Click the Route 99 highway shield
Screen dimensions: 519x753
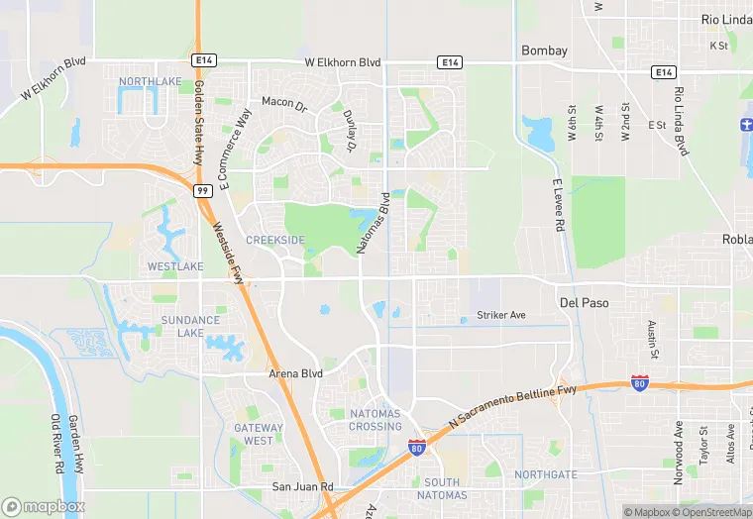(202, 190)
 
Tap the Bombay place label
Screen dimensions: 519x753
(545, 51)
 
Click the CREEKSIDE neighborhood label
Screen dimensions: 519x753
(274, 241)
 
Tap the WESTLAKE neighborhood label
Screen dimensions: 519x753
(175, 267)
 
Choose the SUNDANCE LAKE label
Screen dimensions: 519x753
(190, 327)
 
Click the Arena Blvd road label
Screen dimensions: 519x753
(296, 374)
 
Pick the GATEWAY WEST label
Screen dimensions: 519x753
(259, 434)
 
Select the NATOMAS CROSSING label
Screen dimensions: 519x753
(376, 419)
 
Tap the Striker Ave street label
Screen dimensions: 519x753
(501, 315)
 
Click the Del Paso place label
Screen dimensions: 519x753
(585, 302)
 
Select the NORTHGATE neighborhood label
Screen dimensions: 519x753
(545, 474)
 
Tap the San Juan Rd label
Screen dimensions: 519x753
(303, 487)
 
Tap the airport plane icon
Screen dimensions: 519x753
(745, 128)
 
